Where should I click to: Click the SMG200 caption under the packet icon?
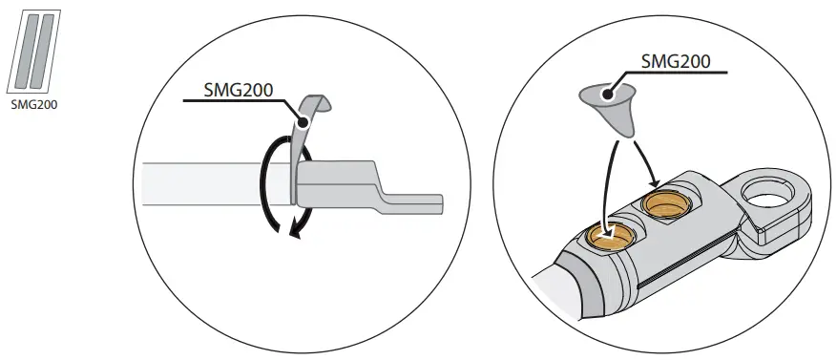click(x=33, y=105)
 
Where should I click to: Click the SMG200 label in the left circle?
click(x=239, y=92)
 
